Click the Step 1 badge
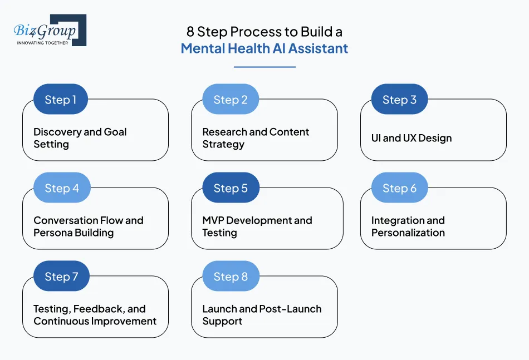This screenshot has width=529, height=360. pyautogui.click(x=61, y=100)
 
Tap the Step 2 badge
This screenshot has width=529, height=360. pyautogui.click(x=231, y=100)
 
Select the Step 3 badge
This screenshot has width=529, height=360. pyautogui.click(x=399, y=100)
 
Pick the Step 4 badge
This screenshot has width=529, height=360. pyautogui.click(x=62, y=188)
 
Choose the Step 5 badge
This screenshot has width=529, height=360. pyautogui.click(x=231, y=188)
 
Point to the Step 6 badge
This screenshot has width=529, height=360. pyautogui.click(x=399, y=188)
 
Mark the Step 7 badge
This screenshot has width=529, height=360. pyautogui.click(x=61, y=277)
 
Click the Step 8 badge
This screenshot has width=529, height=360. pyautogui.click(x=231, y=277)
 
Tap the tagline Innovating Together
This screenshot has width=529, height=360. pyautogui.click(x=43, y=42)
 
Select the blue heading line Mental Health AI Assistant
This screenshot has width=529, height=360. pyautogui.click(x=264, y=48)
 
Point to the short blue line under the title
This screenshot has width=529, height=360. pyautogui.click(x=264, y=67)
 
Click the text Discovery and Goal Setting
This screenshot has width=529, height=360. pyautogui.click(x=80, y=138)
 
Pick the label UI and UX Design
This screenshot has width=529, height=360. pyautogui.click(x=412, y=138)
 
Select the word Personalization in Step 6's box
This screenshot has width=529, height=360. pyautogui.click(x=408, y=233)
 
